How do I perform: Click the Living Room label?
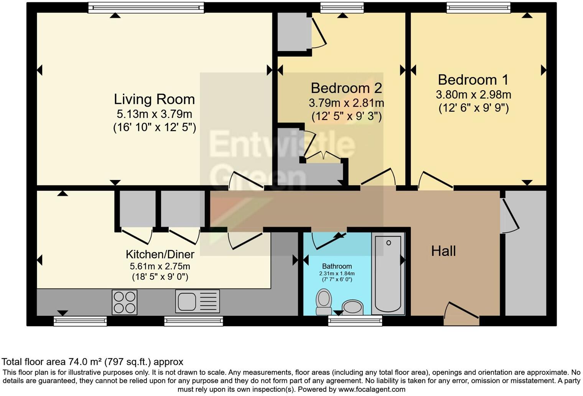pyautogui.click(x=154, y=99)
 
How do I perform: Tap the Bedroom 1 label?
pyautogui.click(x=473, y=80)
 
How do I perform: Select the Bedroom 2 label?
pyautogui.click(x=346, y=88)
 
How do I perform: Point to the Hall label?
pyautogui.click(x=443, y=251)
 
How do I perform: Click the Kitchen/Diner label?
pyautogui.click(x=160, y=254)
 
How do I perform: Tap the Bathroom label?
pyautogui.click(x=337, y=266)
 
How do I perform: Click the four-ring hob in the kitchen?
pyautogui.click(x=125, y=302)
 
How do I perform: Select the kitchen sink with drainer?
pyautogui.click(x=198, y=301)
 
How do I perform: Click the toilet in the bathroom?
pyautogui.click(x=324, y=302)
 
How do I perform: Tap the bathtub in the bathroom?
pyautogui.click(x=389, y=273)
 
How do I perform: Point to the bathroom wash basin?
pyautogui.click(x=352, y=307)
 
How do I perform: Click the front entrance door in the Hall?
pyautogui.click(x=461, y=314)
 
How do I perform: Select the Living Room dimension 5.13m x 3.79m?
pyautogui.click(x=154, y=114)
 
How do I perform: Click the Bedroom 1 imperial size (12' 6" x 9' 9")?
pyautogui.click(x=473, y=108)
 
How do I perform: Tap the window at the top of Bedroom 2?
pyautogui.click(x=342, y=7)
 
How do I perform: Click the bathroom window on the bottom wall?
pyautogui.click(x=355, y=320)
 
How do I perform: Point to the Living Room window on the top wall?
pyautogui.click(x=146, y=7)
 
